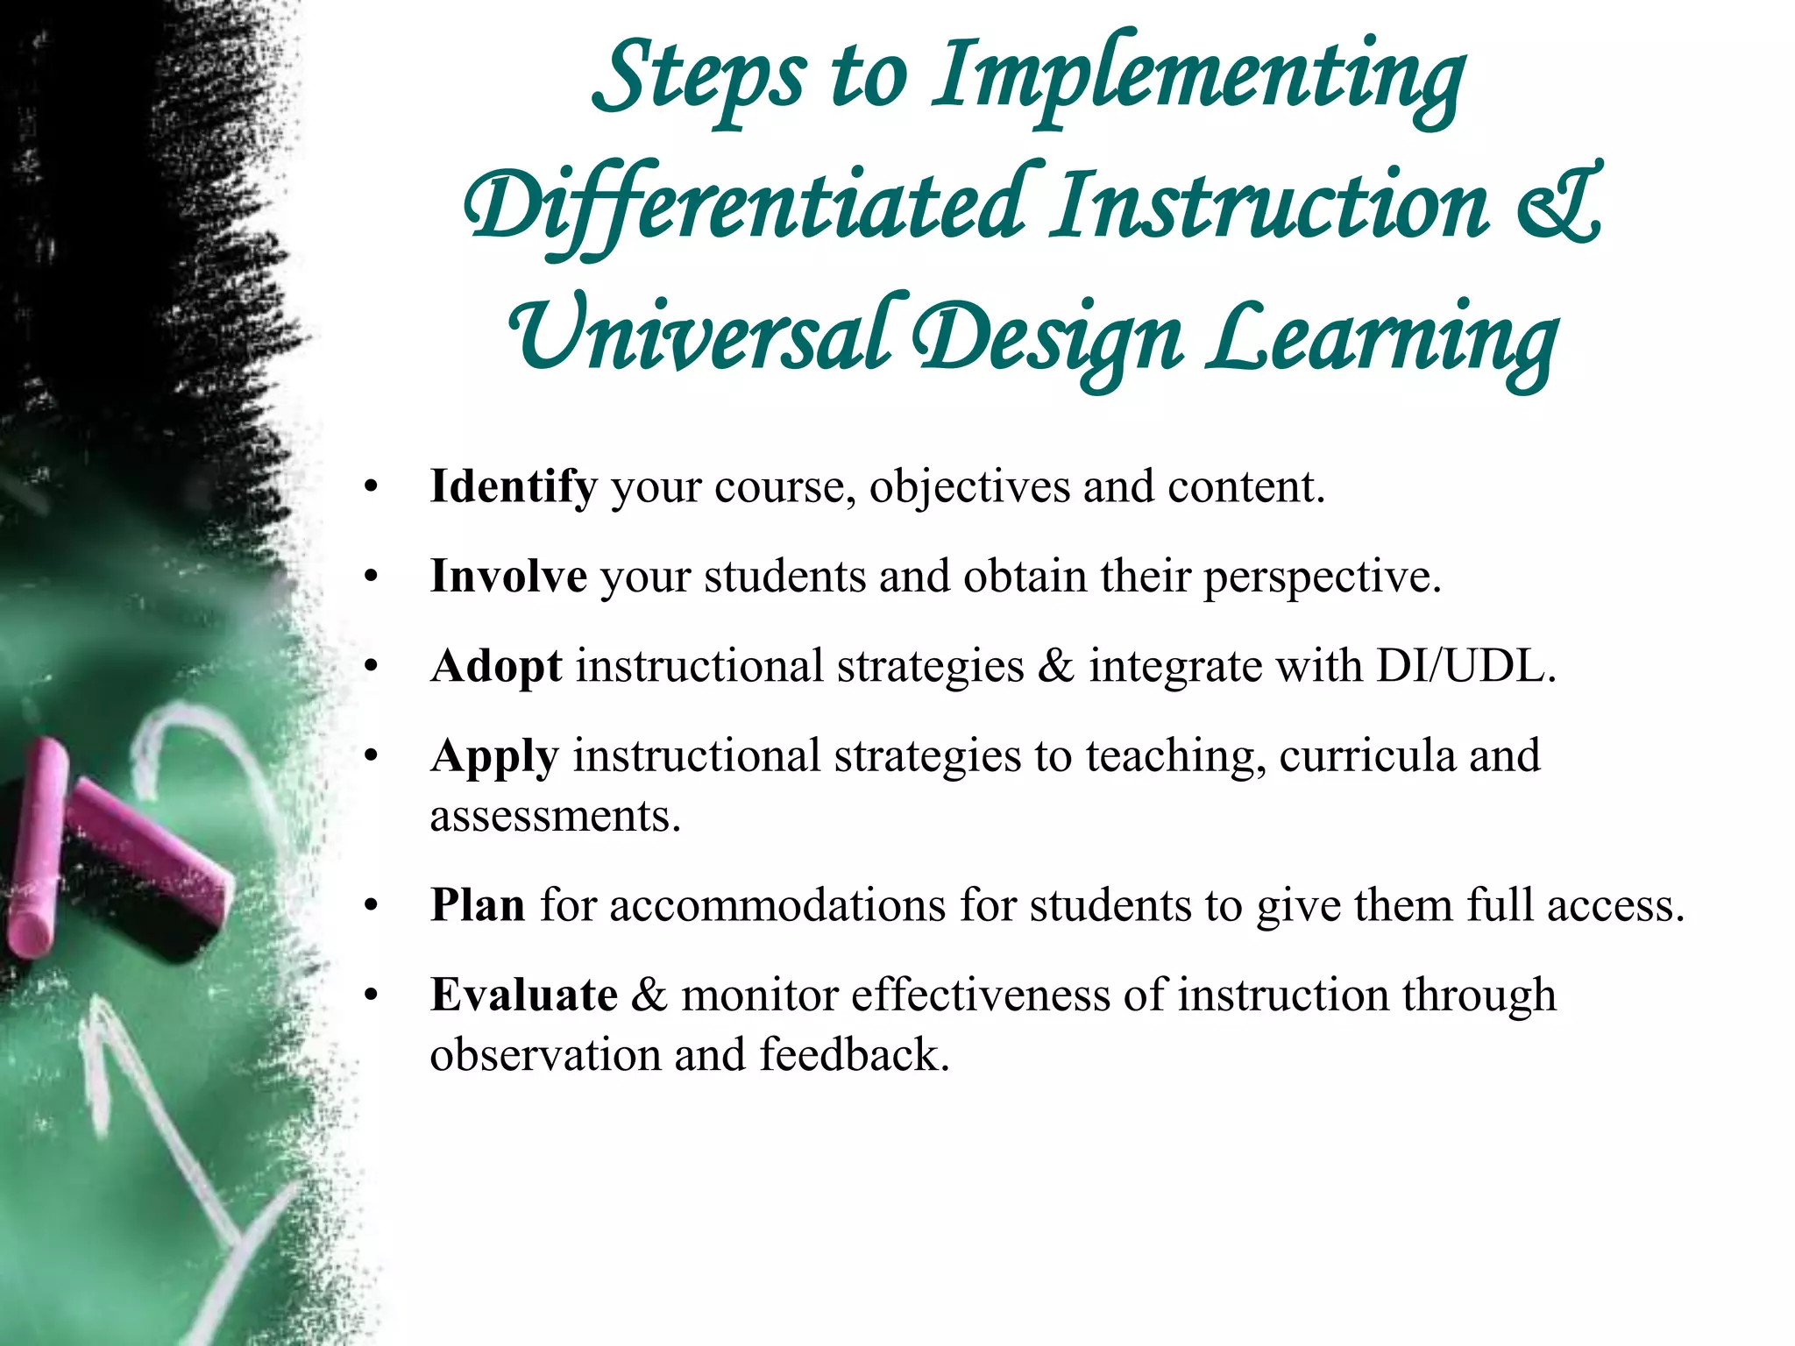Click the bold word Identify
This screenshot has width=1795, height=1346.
513,487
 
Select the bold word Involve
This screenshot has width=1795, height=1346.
508,577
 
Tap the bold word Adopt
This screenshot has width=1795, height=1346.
496,666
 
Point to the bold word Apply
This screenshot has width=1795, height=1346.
494,757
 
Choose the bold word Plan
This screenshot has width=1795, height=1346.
478,905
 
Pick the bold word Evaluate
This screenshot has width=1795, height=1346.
524,995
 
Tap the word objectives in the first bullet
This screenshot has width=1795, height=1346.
969,487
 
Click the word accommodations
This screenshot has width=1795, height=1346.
777,905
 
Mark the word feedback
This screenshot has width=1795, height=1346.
855,1054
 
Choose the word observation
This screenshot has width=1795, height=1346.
545,1054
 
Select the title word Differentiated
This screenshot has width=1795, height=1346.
745,209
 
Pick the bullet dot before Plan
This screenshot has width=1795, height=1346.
372,906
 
